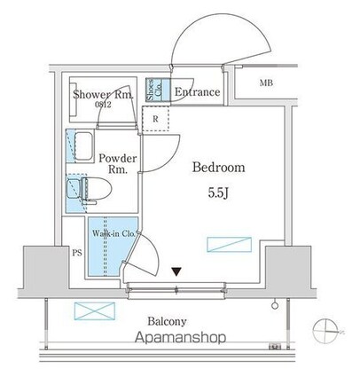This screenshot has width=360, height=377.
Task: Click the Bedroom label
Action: pos(219,168)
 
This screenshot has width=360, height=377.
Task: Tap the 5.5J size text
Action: pos(218,193)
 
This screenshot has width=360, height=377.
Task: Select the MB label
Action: pos(266,83)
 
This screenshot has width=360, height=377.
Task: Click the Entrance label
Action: pos(197,92)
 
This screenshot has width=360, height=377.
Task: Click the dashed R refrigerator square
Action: pos(155,119)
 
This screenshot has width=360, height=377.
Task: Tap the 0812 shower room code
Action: pos(103,105)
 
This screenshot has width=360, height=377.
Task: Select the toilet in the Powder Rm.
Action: pos(89,188)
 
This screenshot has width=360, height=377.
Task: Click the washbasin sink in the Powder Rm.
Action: pos(83,146)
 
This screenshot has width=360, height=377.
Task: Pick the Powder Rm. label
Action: pos(118,163)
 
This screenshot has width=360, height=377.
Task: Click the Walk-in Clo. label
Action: pos(113,233)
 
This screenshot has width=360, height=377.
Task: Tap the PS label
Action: pos(77,253)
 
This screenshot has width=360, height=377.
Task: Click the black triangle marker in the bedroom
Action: pos(176,271)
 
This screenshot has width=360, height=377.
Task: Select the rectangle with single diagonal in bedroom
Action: pos(229,245)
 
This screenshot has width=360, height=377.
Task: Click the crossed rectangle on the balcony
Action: pos(95,310)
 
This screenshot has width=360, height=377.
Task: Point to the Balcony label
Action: pos(167,321)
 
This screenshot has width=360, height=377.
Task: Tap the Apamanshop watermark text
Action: pos(181,337)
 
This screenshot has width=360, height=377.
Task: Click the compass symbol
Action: pos(326,331)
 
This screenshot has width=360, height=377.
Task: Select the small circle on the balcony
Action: pos(275,305)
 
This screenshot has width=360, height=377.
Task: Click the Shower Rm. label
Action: pos(103,95)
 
